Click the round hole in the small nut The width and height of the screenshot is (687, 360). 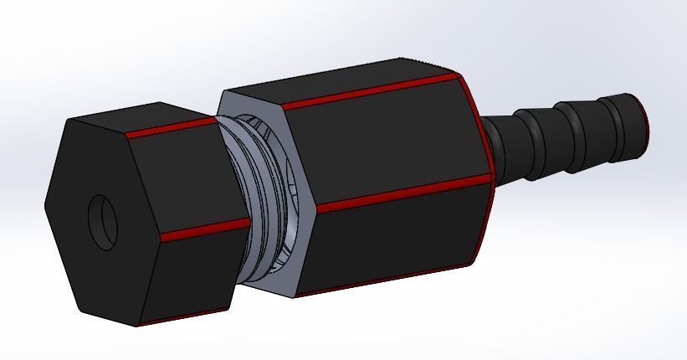103,223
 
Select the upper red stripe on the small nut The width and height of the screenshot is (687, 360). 172,128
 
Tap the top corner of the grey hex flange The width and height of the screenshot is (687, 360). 221,92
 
